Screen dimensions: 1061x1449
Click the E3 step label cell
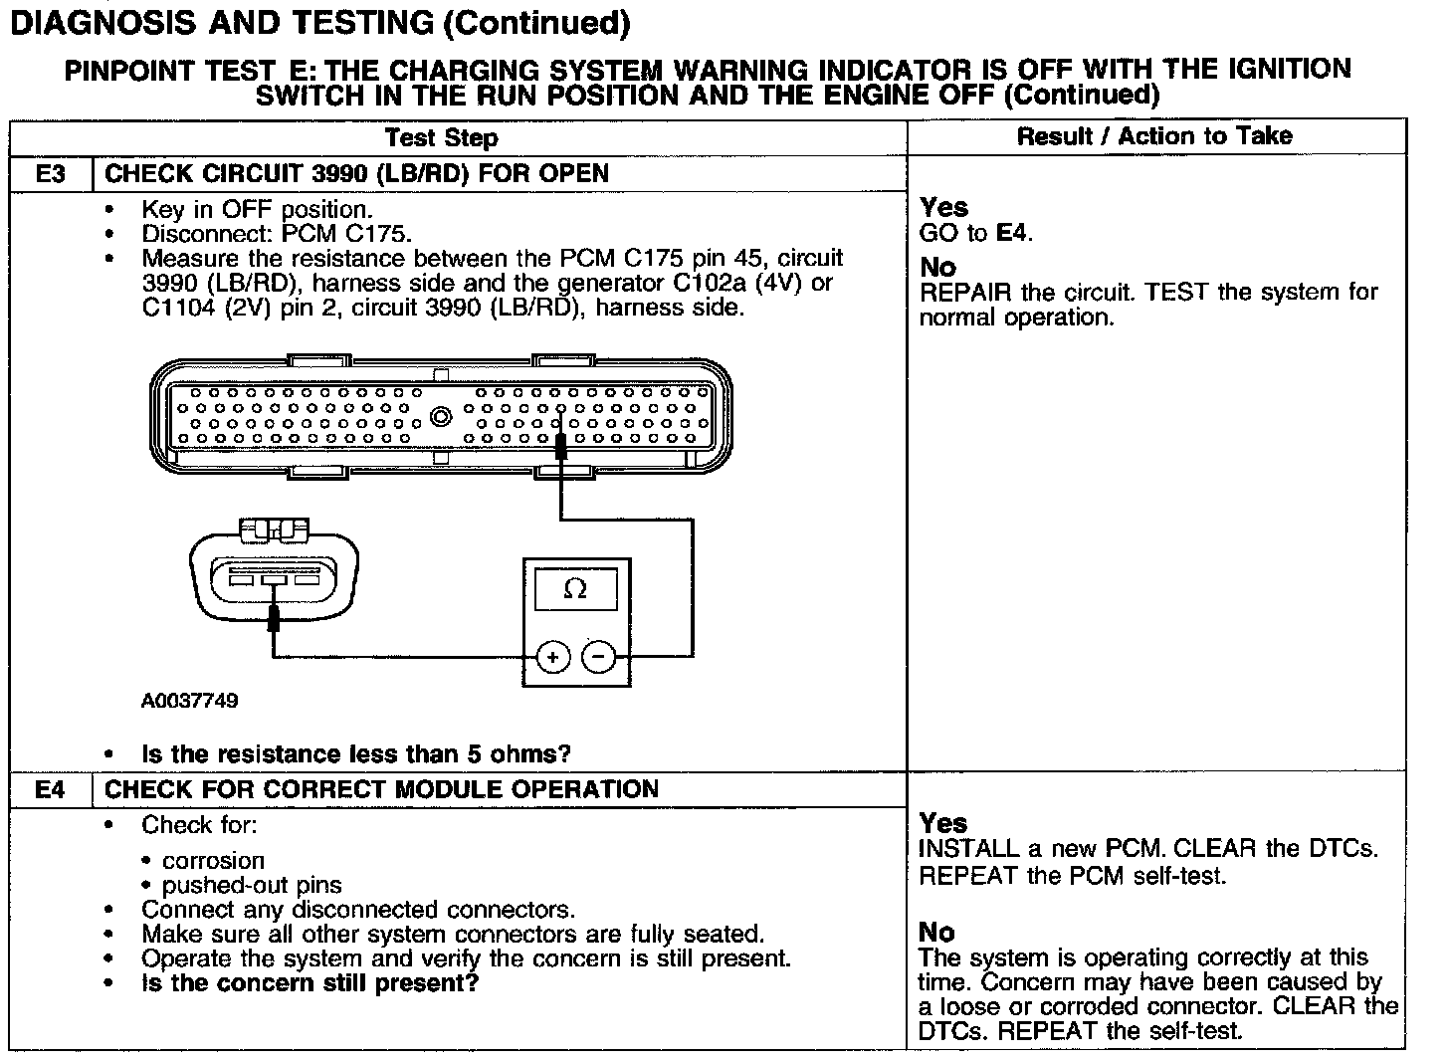click(x=50, y=174)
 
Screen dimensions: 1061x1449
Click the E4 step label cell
click(x=50, y=790)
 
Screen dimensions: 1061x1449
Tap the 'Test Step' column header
click(x=441, y=137)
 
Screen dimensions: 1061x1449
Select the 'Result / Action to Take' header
click(x=1154, y=136)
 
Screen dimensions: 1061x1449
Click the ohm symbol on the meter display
click(x=575, y=589)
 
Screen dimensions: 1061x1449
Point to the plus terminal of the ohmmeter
click(x=553, y=657)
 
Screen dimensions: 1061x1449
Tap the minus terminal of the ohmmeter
click(x=598, y=657)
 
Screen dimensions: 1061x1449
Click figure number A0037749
click(x=189, y=701)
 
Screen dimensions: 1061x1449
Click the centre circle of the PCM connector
click(x=441, y=416)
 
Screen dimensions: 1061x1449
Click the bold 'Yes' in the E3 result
click(x=943, y=207)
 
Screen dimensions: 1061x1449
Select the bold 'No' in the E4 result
click(x=936, y=933)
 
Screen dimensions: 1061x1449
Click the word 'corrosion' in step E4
click(x=214, y=861)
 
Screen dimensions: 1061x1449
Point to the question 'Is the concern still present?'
click(x=310, y=983)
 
